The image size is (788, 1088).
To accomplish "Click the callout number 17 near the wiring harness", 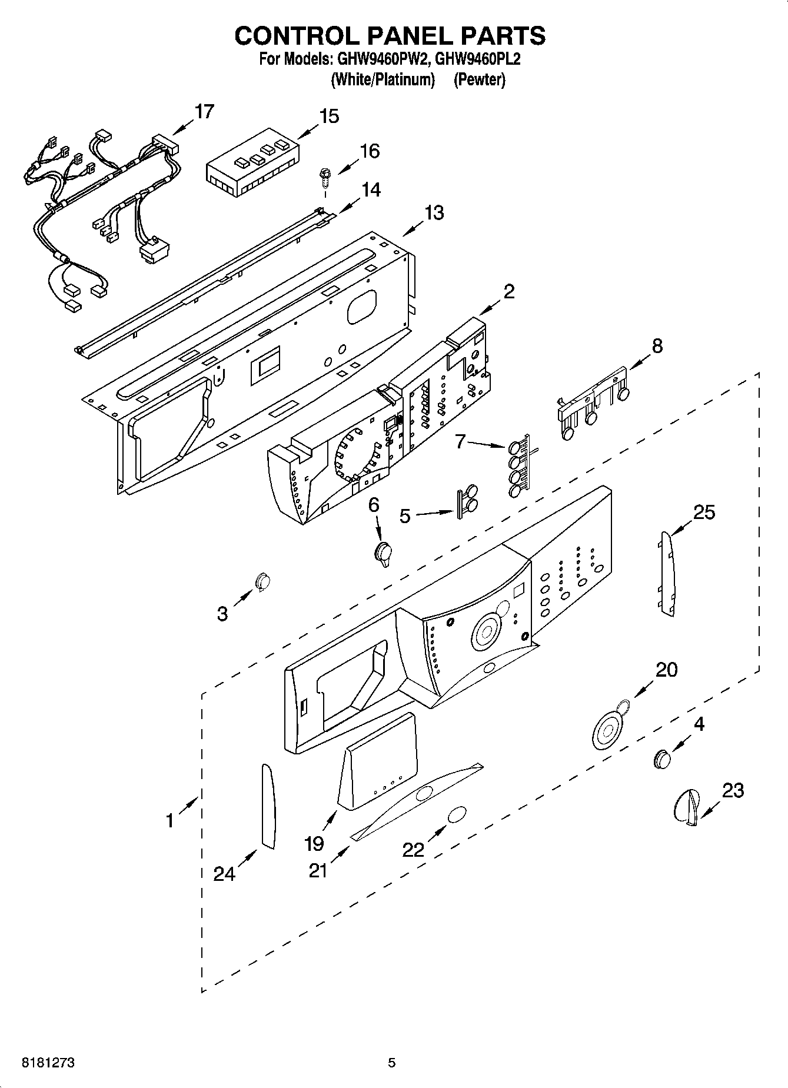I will tap(204, 111).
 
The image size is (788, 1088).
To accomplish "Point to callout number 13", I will tap(434, 212).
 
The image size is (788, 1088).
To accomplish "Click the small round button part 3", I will tap(262, 581).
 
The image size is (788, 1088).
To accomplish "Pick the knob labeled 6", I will tap(384, 553).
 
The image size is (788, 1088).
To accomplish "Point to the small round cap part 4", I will tap(662, 759).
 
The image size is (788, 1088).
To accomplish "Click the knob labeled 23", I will tap(687, 806).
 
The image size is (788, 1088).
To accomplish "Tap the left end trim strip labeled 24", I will tap(268, 807).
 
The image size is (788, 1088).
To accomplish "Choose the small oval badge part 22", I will tap(457, 816).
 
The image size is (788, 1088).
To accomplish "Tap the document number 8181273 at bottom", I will tap(48, 1063).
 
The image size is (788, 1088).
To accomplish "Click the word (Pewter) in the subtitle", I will tap(479, 79).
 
